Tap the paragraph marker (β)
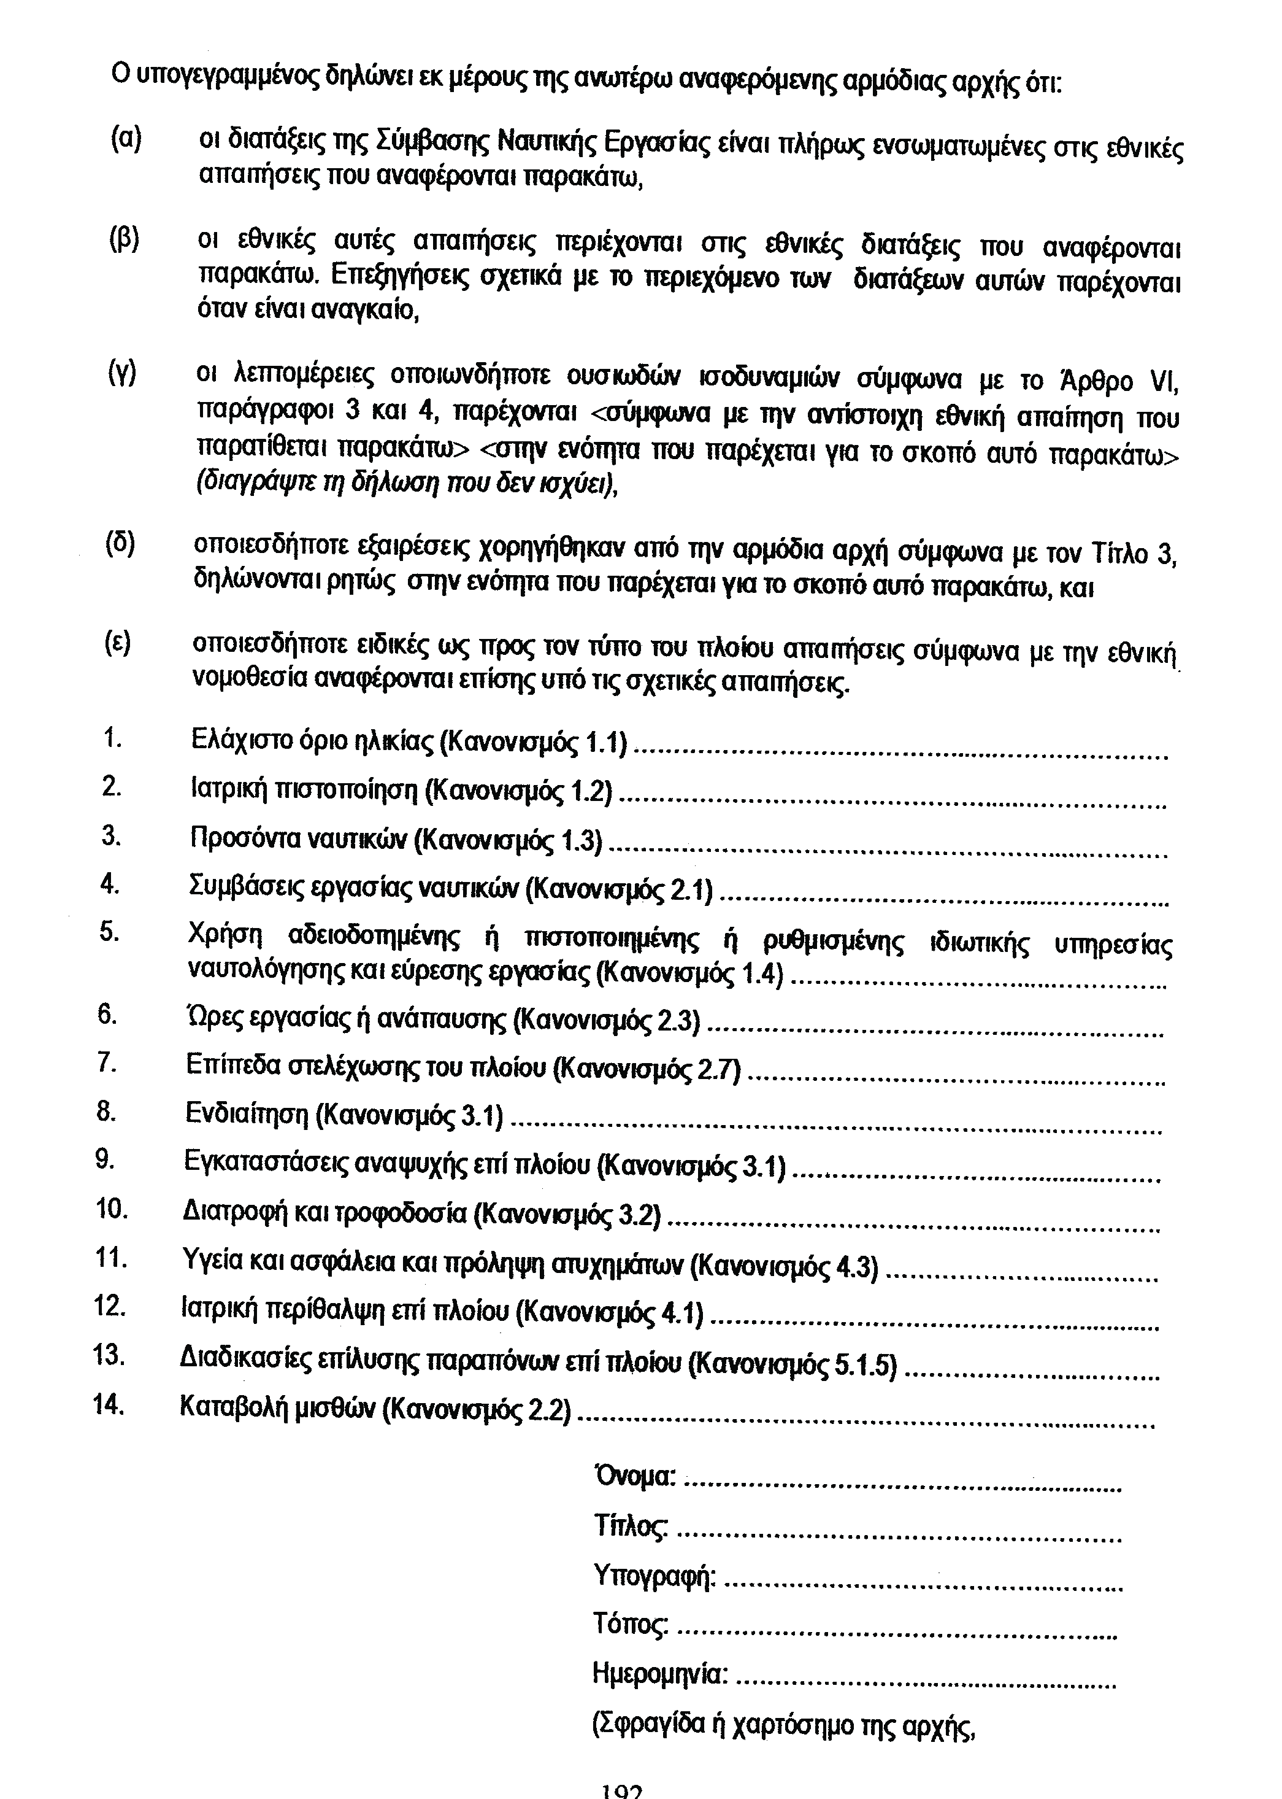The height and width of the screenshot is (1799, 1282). pyautogui.click(x=124, y=239)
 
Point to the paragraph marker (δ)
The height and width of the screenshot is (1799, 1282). pyautogui.click(x=121, y=544)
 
